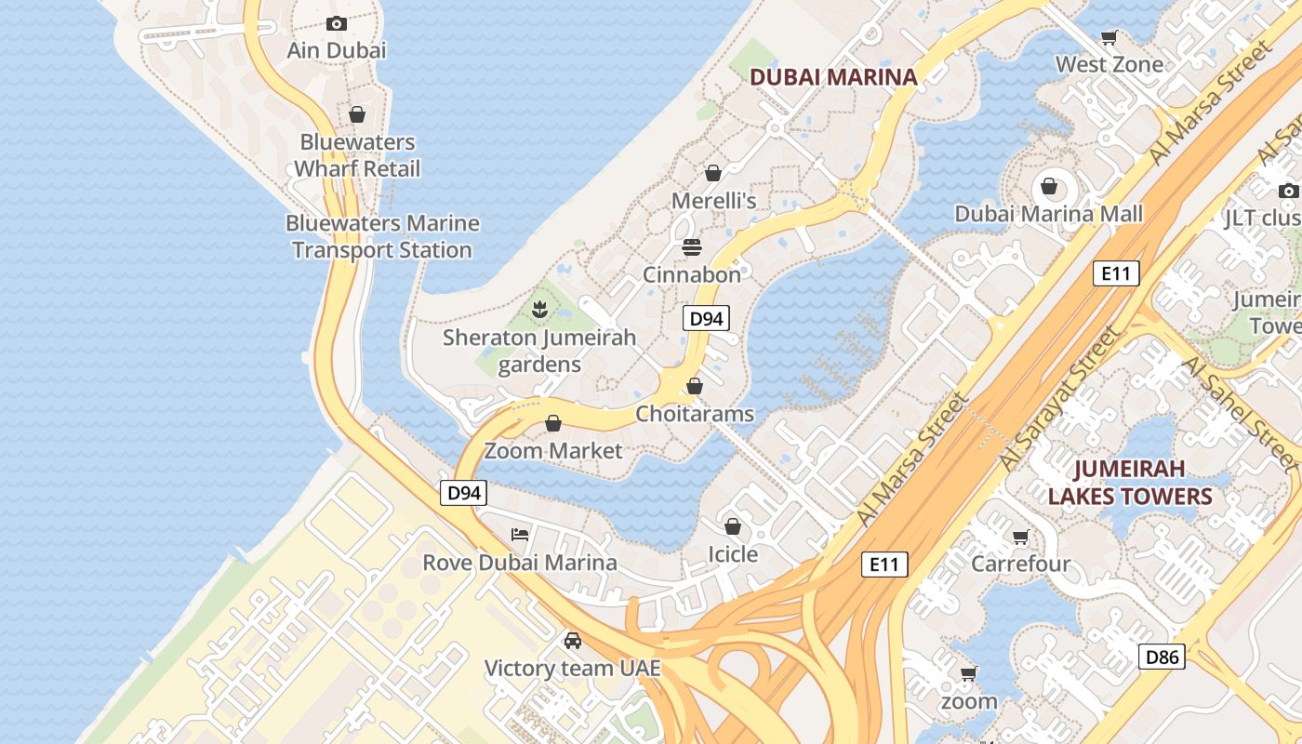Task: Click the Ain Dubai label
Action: [337, 50]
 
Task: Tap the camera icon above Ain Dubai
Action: [337, 24]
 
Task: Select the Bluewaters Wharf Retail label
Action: [357, 155]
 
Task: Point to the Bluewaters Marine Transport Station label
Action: [382, 236]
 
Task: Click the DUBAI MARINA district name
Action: [833, 77]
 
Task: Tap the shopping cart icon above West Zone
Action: [1109, 38]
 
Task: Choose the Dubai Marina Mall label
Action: [1048, 214]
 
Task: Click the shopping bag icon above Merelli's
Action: [713, 173]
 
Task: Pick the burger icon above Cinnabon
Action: [692, 247]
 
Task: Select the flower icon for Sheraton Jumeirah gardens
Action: [538, 309]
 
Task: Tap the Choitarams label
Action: [695, 413]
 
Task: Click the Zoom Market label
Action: [553, 451]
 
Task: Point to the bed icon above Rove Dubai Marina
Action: [520, 535]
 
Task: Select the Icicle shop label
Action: [733, 554]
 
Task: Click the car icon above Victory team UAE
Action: [573, 641]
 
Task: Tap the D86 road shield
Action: [1162, 658]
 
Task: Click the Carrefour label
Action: [1020, 564]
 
